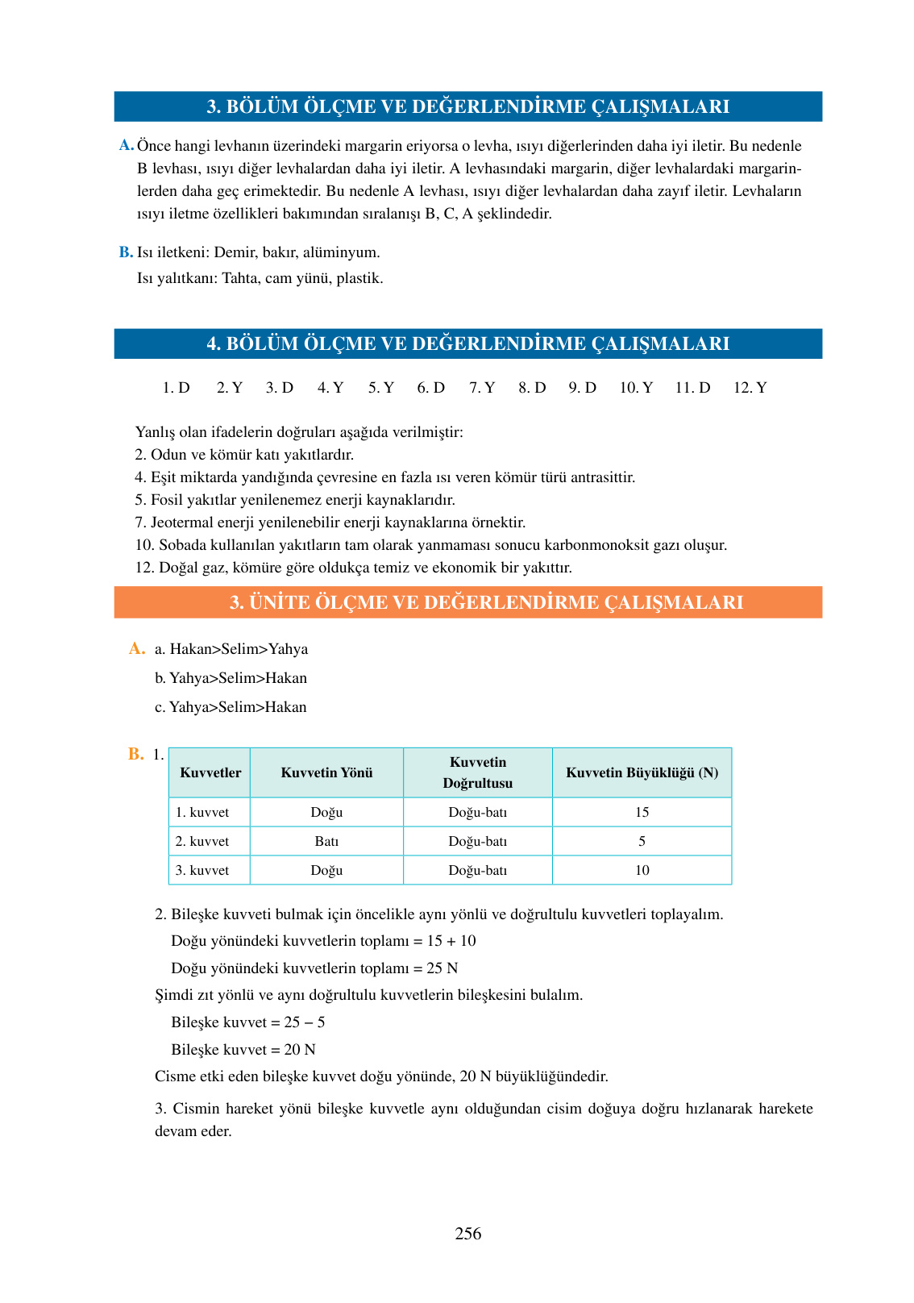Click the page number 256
point(467,1234)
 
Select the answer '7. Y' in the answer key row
point(482,388)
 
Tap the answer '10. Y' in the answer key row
point(636,388)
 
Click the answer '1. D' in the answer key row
point(176,388)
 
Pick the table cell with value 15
point(642,812)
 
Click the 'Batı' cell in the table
point(326,841)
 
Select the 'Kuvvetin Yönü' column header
point(326,772)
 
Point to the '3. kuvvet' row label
point(202,870)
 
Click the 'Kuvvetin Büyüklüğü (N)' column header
point(642,772)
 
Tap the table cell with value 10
point(642,870)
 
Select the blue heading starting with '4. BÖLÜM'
point(467,343)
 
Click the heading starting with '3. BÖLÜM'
point(467,106)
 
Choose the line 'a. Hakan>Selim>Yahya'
point(231,649)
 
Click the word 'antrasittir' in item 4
point(602,477)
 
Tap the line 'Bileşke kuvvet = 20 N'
point(243,1050)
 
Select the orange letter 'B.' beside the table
point(135,754)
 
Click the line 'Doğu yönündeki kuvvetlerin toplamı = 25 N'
point(314,968)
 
